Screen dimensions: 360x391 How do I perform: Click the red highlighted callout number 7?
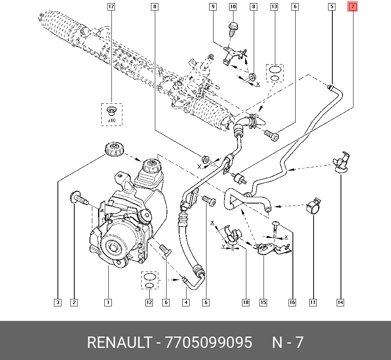(353, 7)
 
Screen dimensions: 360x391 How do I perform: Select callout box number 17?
(111, 7)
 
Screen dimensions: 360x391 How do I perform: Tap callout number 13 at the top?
(274, 7)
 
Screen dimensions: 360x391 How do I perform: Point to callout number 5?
(332, 7)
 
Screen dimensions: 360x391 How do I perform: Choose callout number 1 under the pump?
(108, 302)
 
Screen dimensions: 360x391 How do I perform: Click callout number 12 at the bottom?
(149, 302)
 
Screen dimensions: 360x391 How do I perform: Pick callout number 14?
(340, 302)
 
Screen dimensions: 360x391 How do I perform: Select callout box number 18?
(246, 302)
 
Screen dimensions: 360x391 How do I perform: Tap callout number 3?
(57, 302)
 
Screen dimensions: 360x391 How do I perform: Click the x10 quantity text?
(111, 120)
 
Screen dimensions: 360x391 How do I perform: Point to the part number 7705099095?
(209, 342)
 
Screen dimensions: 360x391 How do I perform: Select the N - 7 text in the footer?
(288, 342)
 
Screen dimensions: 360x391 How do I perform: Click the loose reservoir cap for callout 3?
(113, 149)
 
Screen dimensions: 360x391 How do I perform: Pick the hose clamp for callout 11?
(314, 205)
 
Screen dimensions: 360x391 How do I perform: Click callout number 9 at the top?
(213, 7)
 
